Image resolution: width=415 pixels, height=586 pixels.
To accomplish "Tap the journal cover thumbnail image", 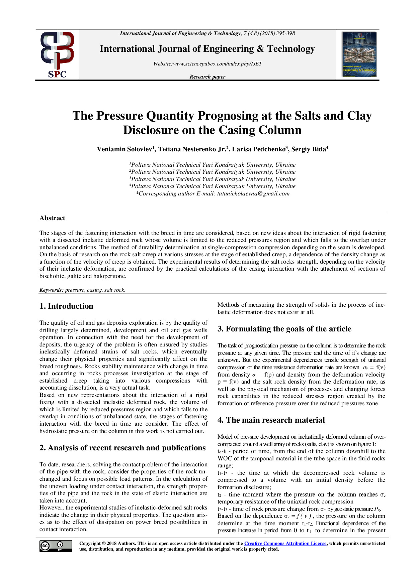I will tap(359, 55).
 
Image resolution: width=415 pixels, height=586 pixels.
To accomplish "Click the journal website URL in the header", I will tap(207, 64).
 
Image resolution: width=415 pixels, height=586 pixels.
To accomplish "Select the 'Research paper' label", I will tap(207, 77).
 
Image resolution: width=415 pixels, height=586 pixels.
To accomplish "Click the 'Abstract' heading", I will tap(52, 218).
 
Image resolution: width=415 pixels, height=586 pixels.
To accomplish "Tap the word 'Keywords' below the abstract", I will tap(51, 290).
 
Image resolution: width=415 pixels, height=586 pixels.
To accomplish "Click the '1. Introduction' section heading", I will tap(66, 306).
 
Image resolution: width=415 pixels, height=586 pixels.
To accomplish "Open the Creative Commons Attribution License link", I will tap(285, 544).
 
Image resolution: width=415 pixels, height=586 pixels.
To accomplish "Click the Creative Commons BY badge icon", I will tap(56, 546).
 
